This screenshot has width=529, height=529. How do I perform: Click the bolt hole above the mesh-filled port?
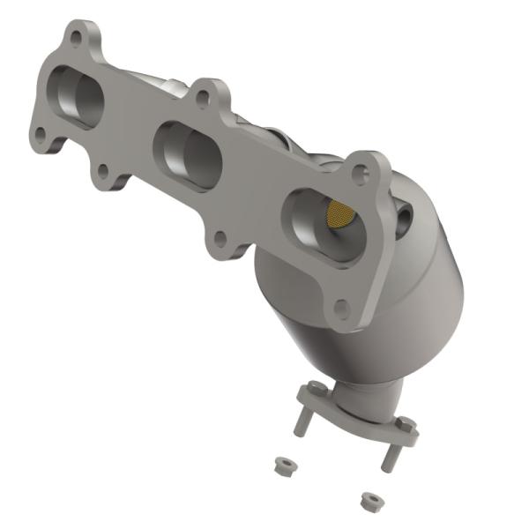360,174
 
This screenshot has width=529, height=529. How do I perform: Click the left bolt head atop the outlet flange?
310,387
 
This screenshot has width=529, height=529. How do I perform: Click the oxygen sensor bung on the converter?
403,215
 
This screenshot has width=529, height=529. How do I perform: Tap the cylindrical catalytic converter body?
370,300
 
